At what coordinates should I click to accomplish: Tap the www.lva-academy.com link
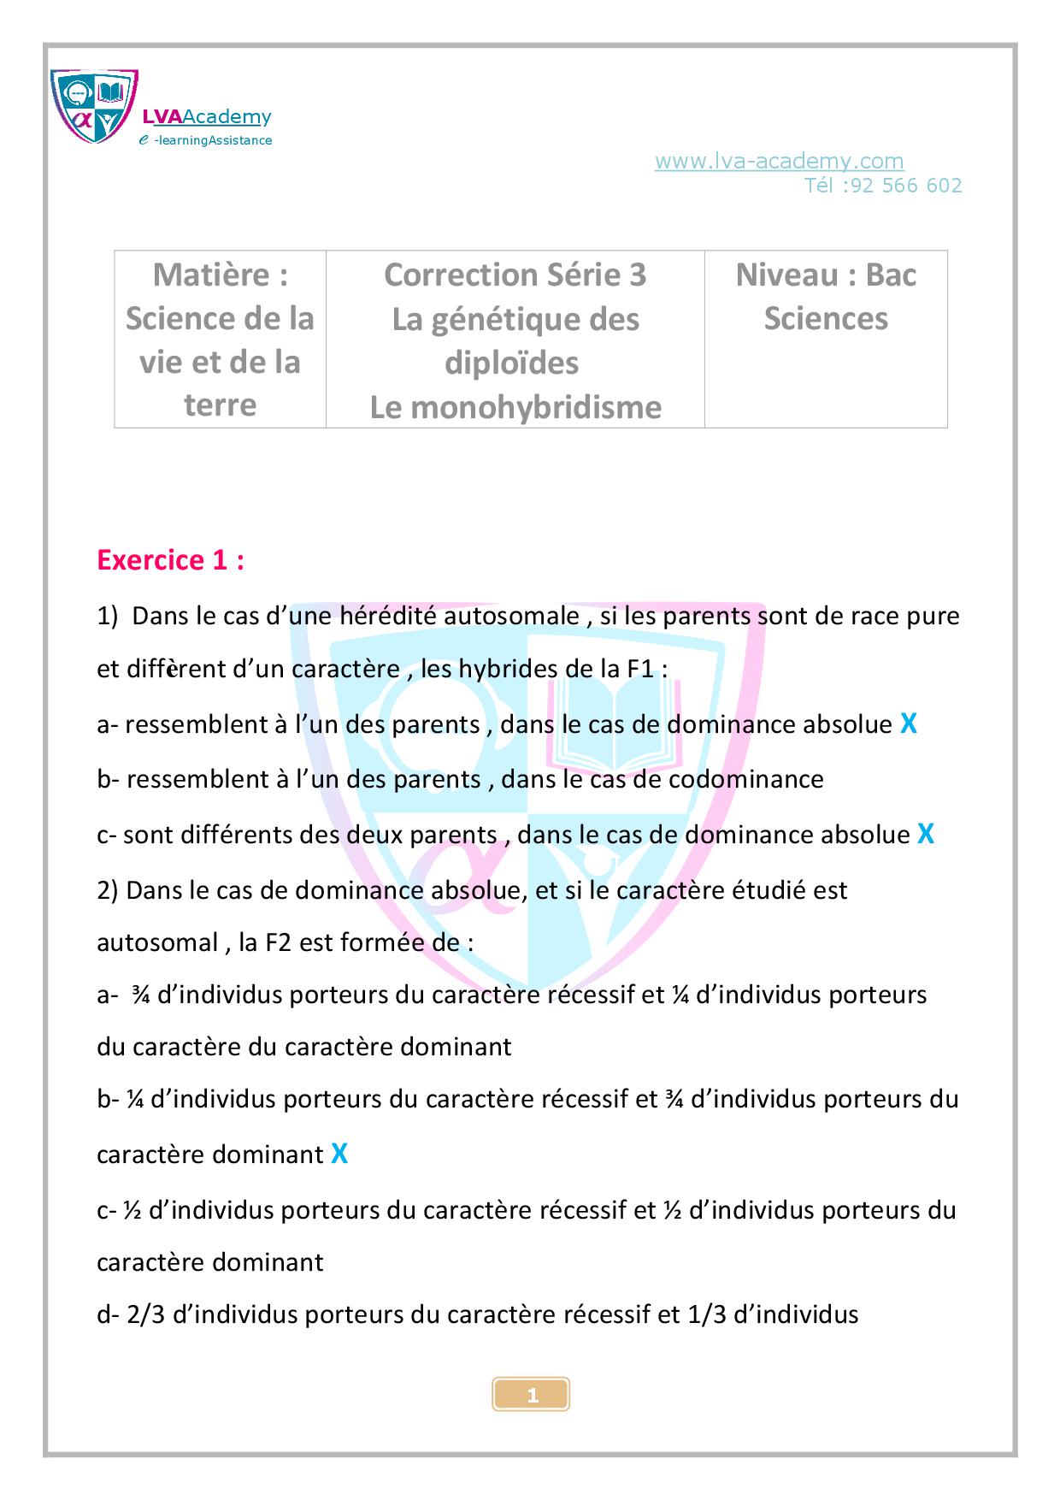click(x=779, y=161)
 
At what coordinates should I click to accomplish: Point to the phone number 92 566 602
click(x=906, y=186)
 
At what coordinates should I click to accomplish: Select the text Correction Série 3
click(x=515, y=275)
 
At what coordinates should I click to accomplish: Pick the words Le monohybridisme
click(x=515, y=407)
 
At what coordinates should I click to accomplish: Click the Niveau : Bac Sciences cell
click(x=825, y=297)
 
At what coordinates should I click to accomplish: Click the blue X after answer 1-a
click(x=909, y=724)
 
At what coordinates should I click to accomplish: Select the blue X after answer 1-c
click(x=925, y=834)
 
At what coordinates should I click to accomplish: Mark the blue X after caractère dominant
click(x=339, y=1155)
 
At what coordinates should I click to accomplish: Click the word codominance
click(x=746, y=779)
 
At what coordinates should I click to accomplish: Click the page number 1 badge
click(x=532, y=1396)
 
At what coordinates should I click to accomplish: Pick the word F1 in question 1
click(x=640, y=669)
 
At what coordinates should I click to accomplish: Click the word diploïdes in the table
click(x=511, y=363)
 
